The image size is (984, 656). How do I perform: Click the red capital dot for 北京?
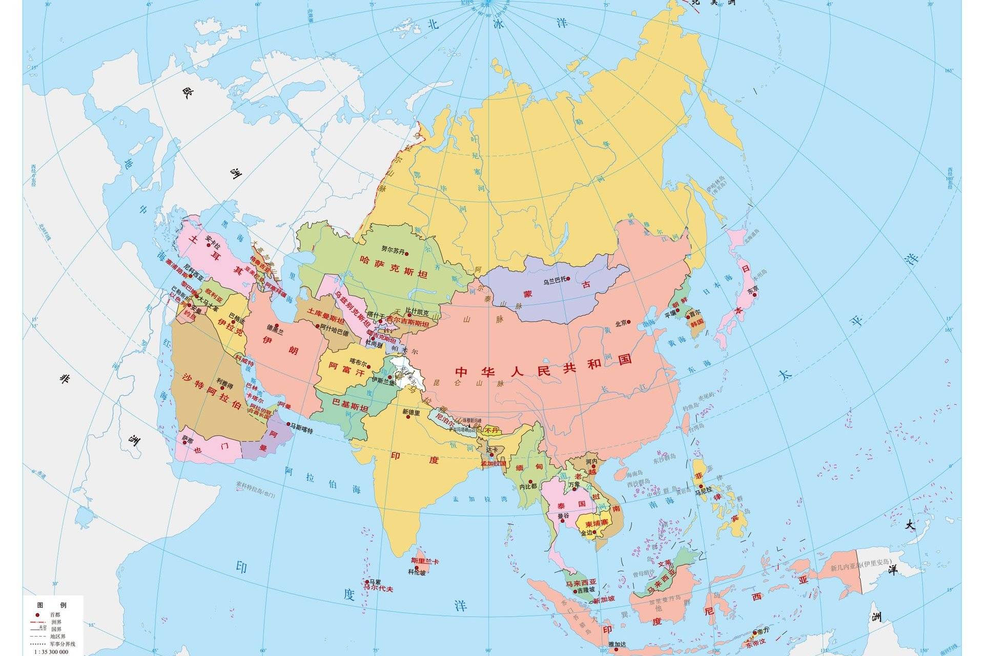pyautogui.click(x=629, y=323)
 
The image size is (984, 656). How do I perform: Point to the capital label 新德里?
pyautogui.click(x=411, y=412)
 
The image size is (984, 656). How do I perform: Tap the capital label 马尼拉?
pyautogui.click(x=704, y=490)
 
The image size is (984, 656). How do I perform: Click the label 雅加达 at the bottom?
pyautogui.click(x=617, y=645)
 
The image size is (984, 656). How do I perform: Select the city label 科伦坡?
pyautogui.click(x=417, y=572)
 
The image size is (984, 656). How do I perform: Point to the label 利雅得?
pyautogui.click(x=224, y=385)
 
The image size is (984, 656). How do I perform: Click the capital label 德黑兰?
pyautogui.click(x=275, y=332)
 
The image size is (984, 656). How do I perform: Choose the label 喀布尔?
pyautogui.click(x=359, y=361)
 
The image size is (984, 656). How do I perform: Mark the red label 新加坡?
pyautogui.click(x=604, y=598)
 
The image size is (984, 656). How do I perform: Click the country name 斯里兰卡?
pyautogui.click(x=425, y=562)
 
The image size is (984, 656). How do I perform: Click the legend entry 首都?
pyautogui.click(x=55, y=614)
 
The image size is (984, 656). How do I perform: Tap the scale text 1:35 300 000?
pyautogui.click(x=51, y=651)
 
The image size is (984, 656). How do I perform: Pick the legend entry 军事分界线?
pyautogui.click(x=63, y=644)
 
